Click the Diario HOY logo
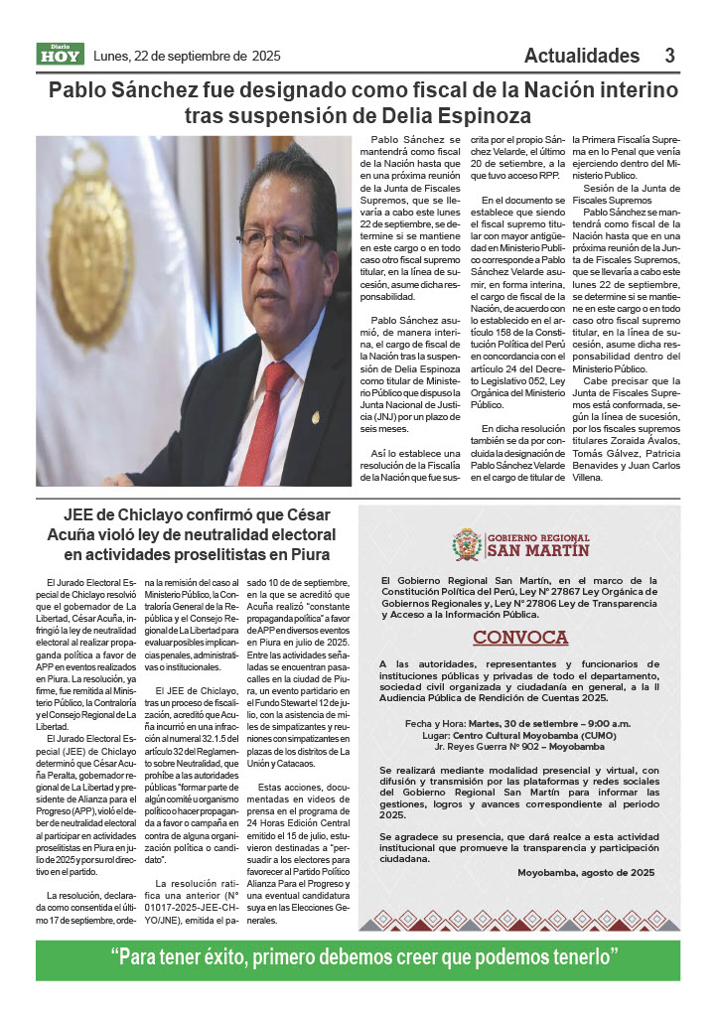tap(61, 54)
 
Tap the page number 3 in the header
tap(670, 56)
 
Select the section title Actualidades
tap(582, 56)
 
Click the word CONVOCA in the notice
tap(519, 637)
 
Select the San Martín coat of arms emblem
tap(467, 544)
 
